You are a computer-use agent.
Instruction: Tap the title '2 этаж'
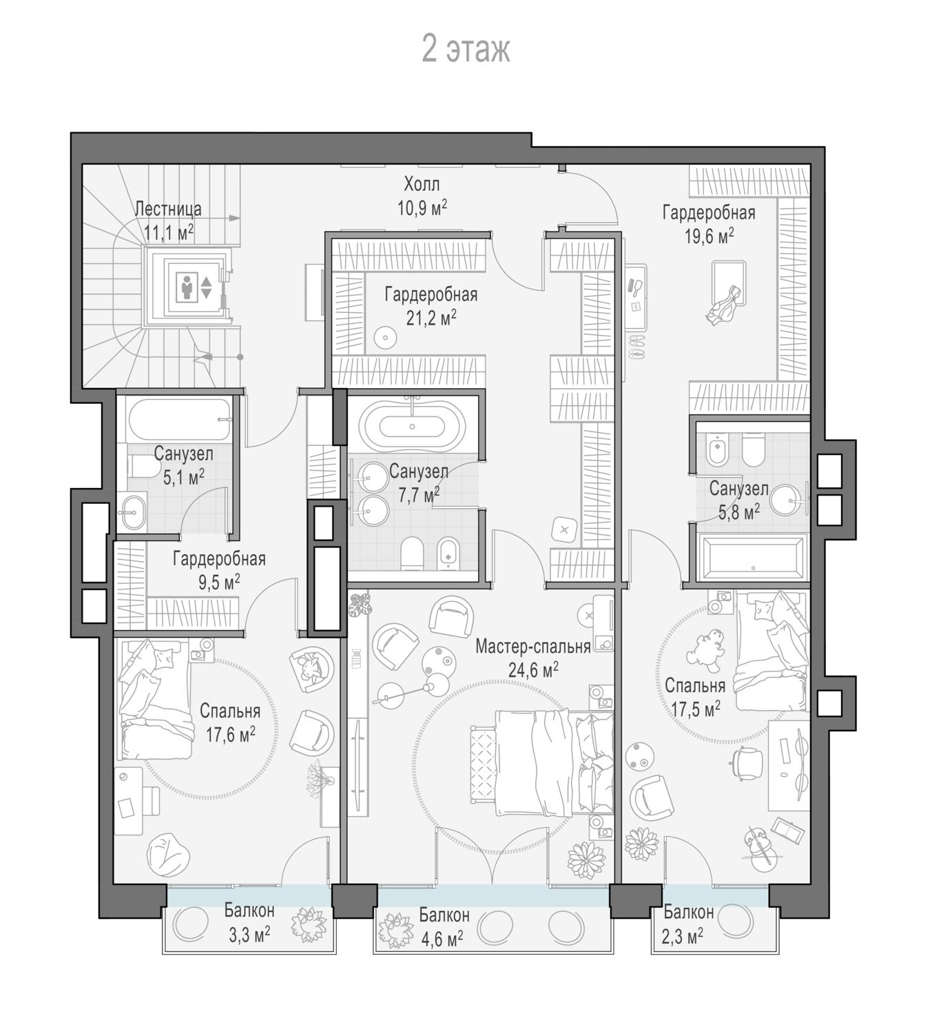point(466,50)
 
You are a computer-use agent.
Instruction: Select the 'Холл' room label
point(422,184)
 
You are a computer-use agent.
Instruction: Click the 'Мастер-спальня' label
point(532,647)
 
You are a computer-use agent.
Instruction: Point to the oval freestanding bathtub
point(412,426)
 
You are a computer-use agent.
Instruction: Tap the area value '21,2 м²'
point(431,318)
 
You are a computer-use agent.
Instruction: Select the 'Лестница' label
point(168,210)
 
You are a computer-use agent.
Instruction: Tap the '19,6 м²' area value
point(709,236)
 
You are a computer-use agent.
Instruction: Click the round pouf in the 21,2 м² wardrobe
point(385,338)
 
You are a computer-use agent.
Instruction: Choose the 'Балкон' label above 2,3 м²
point(689,913)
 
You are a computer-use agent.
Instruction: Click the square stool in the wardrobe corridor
point(565,529)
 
